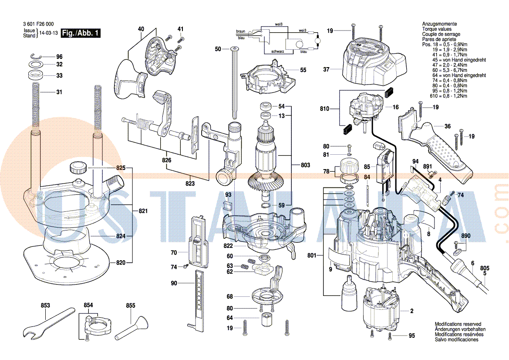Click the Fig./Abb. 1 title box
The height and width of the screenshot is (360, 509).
point(81,33)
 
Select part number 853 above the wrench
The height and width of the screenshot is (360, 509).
point(45,306)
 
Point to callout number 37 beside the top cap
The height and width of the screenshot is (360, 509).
point(327,69)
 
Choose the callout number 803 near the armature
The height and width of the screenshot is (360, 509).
point(305,165)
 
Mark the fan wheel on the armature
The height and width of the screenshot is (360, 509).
point(265,180)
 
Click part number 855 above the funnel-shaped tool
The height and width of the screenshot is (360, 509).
point(131,306)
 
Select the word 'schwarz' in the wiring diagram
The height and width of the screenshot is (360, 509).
point(278,51)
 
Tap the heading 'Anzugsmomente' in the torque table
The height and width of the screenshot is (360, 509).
point(439,24)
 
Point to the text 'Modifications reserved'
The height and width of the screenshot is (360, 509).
point(458,324)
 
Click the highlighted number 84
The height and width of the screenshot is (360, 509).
point(367,177)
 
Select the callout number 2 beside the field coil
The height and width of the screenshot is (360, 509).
point(411,311)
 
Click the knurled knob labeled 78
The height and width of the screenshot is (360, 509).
point(348,166)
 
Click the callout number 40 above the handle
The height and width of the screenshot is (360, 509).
point(141,29)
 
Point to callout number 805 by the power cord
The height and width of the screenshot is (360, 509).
point(484,268)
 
